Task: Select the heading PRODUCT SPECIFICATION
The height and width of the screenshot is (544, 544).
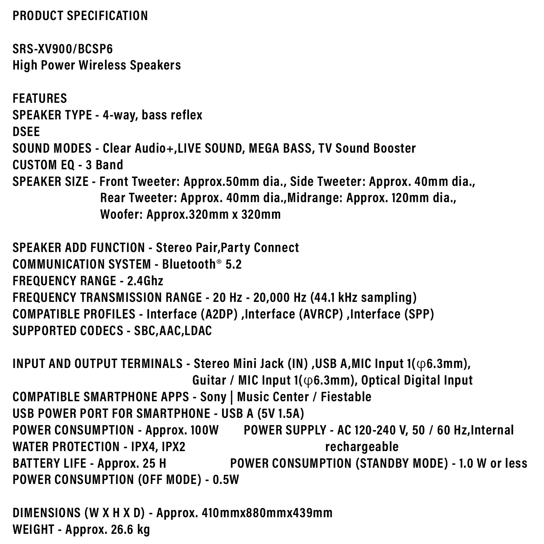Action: click(x=80, y=15)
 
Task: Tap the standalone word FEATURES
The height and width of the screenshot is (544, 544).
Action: click(x=40, y=98)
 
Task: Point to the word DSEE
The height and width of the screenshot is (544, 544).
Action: click(x=26, y=131)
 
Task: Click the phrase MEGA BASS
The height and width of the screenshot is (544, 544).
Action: click(x=280, y=148)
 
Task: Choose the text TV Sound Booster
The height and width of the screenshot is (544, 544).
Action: click(x=367, y=148)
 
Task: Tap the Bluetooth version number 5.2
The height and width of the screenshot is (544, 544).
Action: click(x=233, y=264)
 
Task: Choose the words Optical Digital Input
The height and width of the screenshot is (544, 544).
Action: click(x=417, y=380)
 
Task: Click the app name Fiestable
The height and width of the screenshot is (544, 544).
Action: click(x=346, y=397)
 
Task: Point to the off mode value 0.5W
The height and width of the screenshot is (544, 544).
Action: click(x=226, y=480)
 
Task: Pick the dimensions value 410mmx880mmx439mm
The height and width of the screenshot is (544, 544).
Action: click(x=267, y=513)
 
